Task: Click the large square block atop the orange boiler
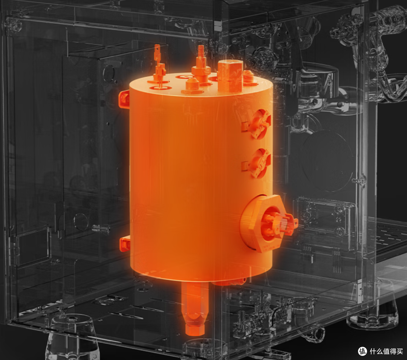(230, 76)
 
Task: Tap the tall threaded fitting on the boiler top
(201, 66)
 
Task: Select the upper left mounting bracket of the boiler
(124, 99)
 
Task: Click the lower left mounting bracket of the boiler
(125, 244)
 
